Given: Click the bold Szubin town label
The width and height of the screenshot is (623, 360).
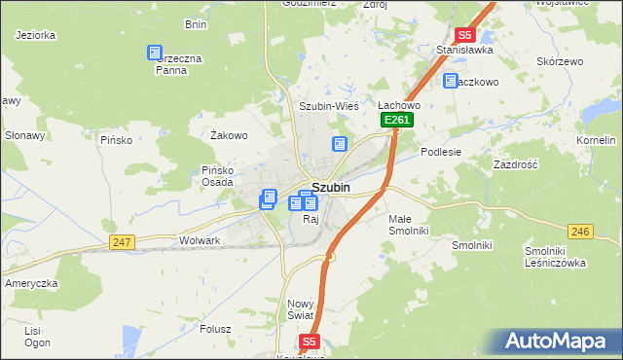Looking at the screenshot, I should click(331, 188).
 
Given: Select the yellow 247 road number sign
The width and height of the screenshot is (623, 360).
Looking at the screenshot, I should click(122, 241).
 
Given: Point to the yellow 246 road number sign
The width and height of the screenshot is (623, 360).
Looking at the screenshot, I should click(580, 231).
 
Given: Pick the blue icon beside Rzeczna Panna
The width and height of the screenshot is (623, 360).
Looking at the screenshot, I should click(154, 54).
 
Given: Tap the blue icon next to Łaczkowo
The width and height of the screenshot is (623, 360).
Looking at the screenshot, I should click(451, 82).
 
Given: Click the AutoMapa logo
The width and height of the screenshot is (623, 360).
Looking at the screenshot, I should click(558, 342).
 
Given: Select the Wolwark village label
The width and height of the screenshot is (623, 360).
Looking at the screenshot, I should click(201, 239).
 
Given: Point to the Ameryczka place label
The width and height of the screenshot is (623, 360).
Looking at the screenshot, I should click(32, 282).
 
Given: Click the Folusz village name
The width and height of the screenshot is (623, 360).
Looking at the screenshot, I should click(215, 328).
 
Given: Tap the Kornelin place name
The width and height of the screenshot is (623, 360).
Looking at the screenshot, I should click(596, 140).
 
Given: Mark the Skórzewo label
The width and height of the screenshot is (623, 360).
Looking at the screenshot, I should click(558, 59).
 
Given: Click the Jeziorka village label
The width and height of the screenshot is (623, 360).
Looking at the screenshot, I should click(36, 35).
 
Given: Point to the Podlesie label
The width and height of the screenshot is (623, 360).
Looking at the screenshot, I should click(441, 152).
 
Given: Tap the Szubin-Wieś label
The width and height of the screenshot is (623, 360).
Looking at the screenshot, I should click(329, 106).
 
